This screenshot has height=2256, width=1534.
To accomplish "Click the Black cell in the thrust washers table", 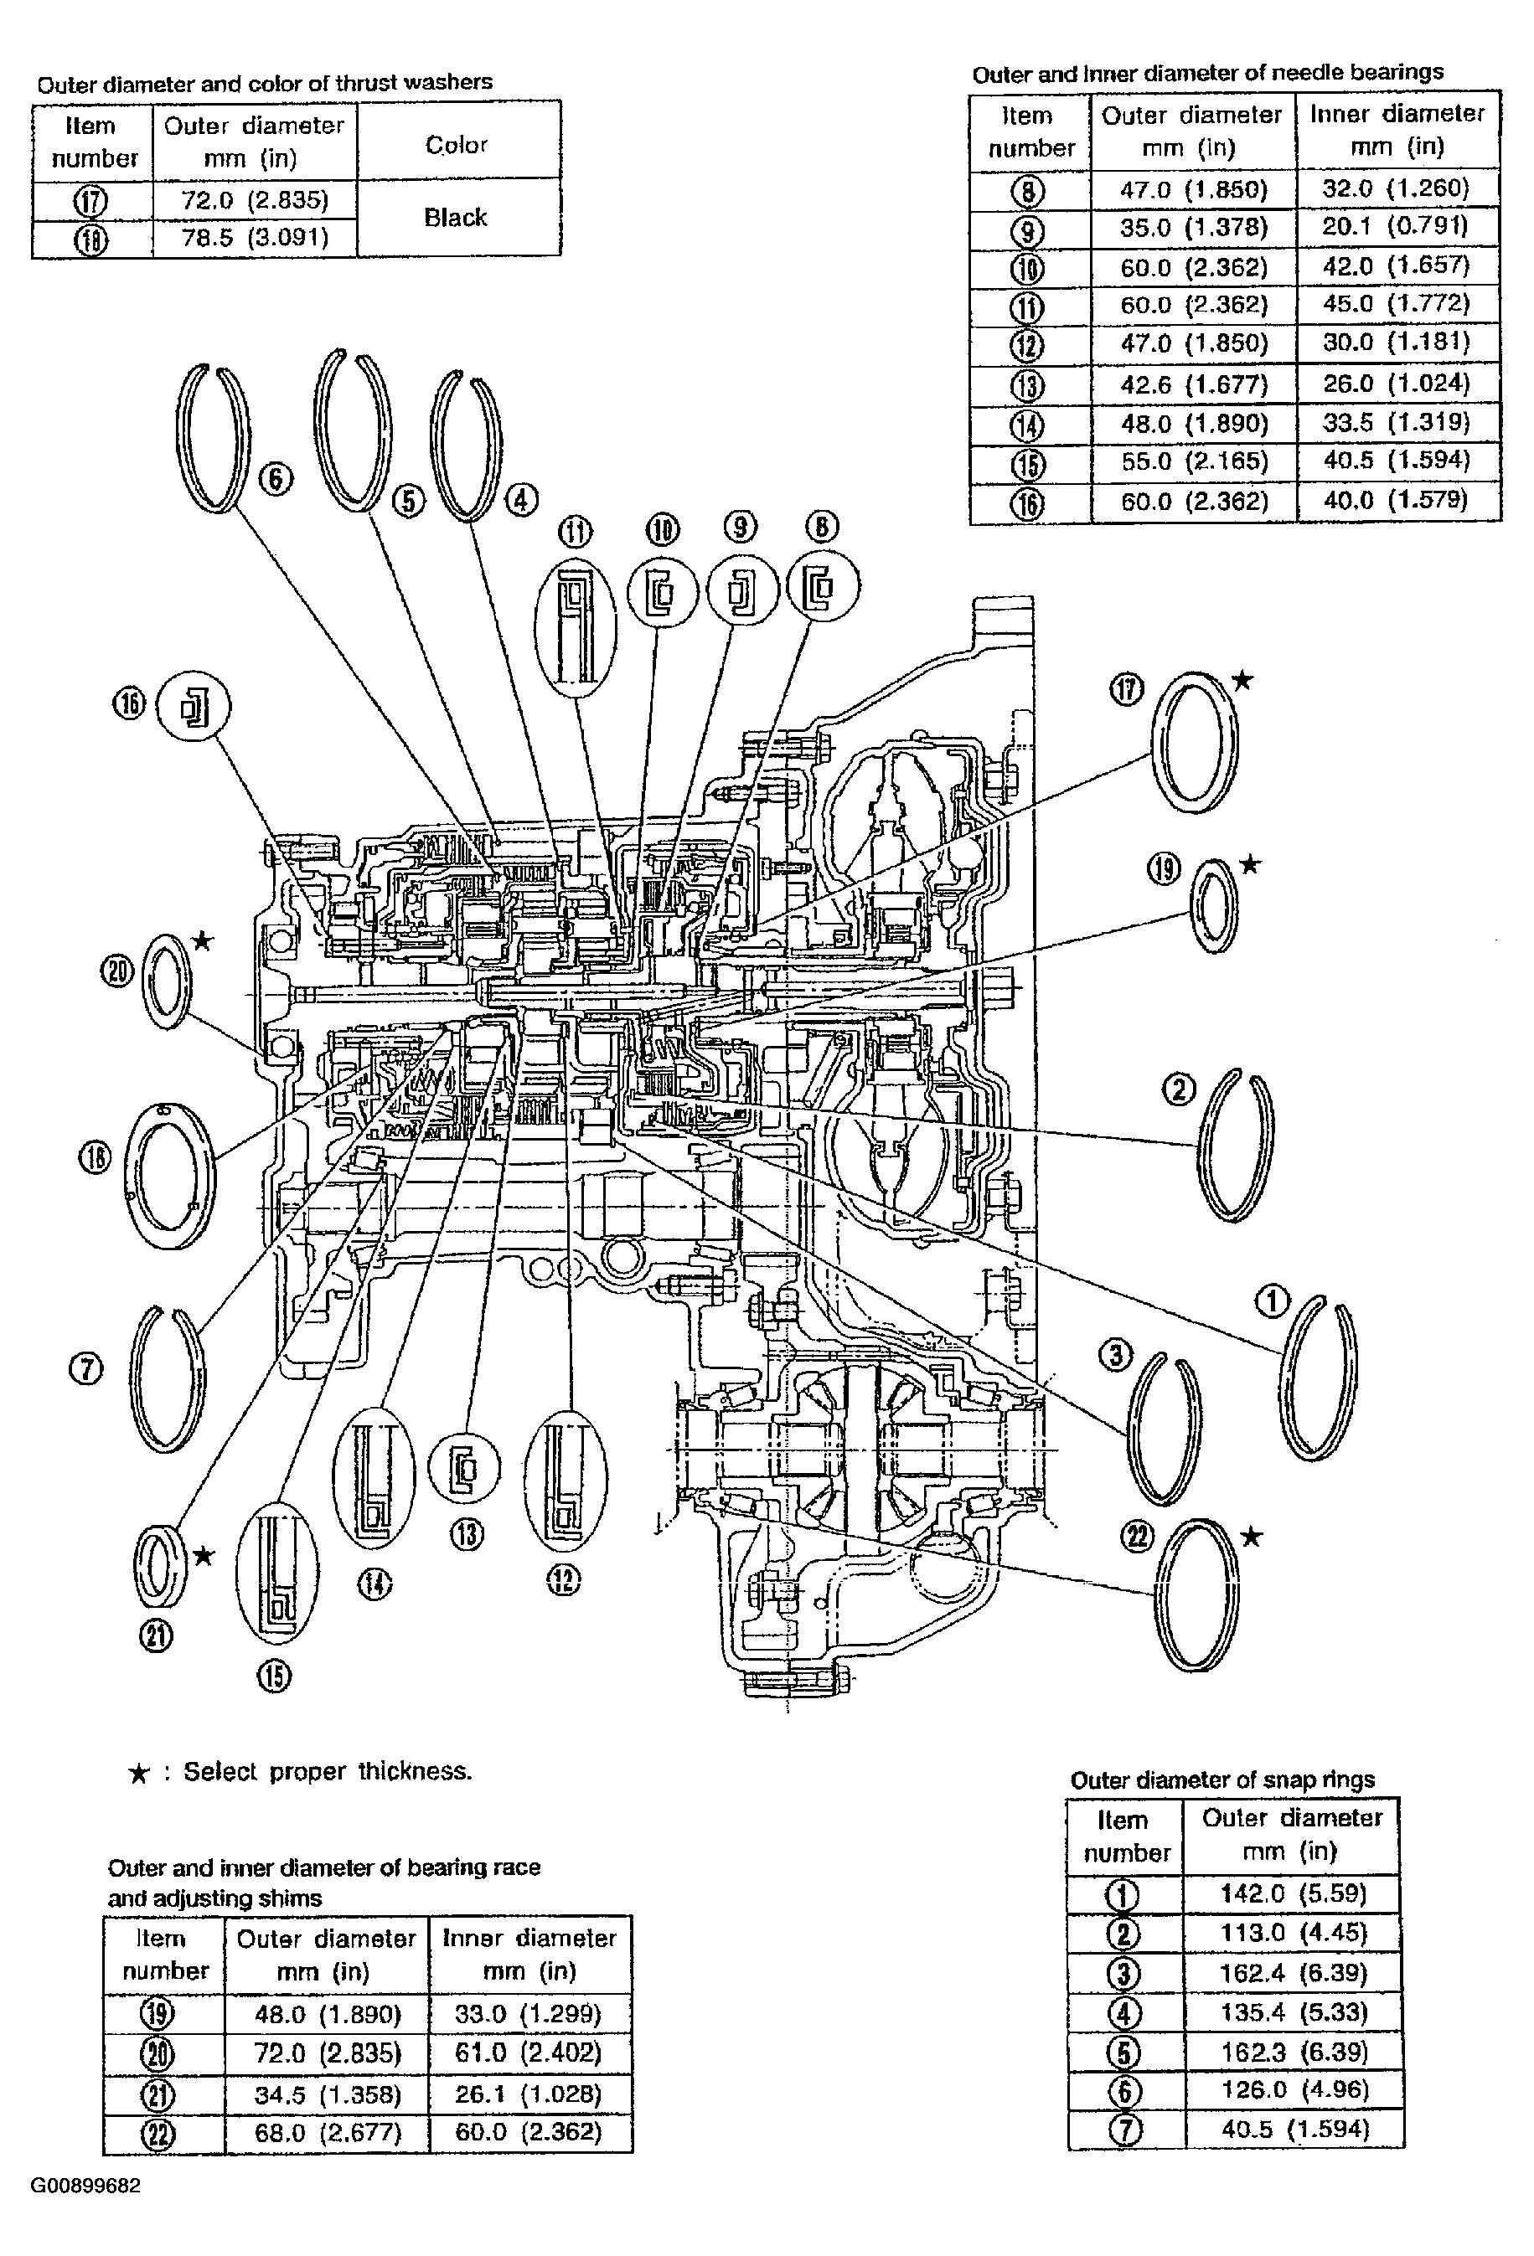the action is click(456, 218).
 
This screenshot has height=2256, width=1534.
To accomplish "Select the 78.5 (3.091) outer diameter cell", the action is click(255, 238).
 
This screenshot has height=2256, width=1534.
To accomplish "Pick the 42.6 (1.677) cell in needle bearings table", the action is click(1194, 384).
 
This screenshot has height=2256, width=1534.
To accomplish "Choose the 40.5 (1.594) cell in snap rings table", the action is click(1294, 2130).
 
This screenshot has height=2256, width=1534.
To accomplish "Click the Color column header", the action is click(457, 145).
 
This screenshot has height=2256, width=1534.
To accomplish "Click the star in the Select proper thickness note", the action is click(139, 1774).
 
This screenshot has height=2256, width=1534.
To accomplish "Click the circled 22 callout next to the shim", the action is click(1138, 1537).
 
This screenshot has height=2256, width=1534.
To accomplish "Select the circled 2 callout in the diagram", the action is click(1179, 1090).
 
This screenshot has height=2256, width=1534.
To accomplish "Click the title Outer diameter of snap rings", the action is click(1222, 1780).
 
